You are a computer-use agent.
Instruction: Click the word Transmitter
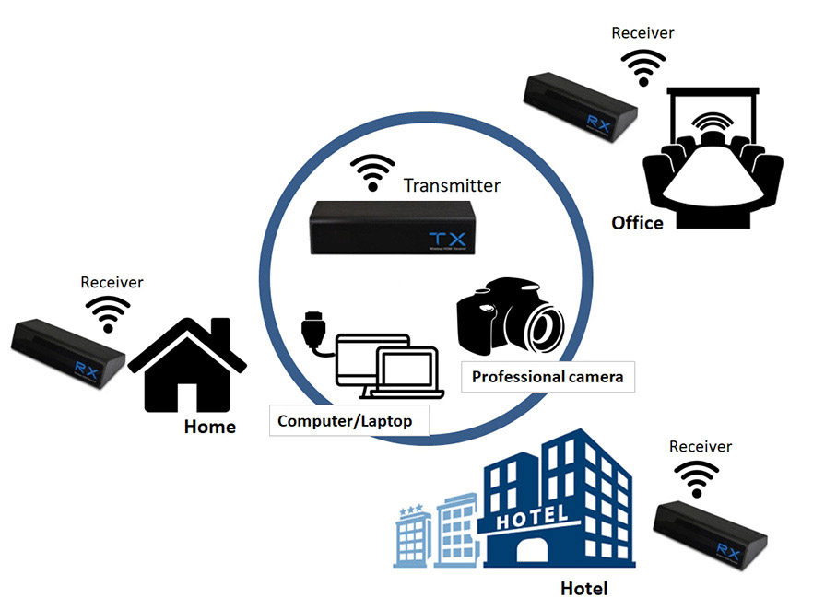pos(452,185)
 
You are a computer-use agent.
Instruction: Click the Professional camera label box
pos(548,377)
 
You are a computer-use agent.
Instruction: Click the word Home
pos(210,427)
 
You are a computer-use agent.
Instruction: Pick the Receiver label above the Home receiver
pos(112,282)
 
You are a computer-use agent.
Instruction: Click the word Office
pos(637,223)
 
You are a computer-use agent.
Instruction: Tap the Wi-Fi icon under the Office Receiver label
pos(642,65)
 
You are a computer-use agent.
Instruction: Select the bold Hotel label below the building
pos(584,588)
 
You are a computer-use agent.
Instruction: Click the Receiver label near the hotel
pos(701,446)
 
